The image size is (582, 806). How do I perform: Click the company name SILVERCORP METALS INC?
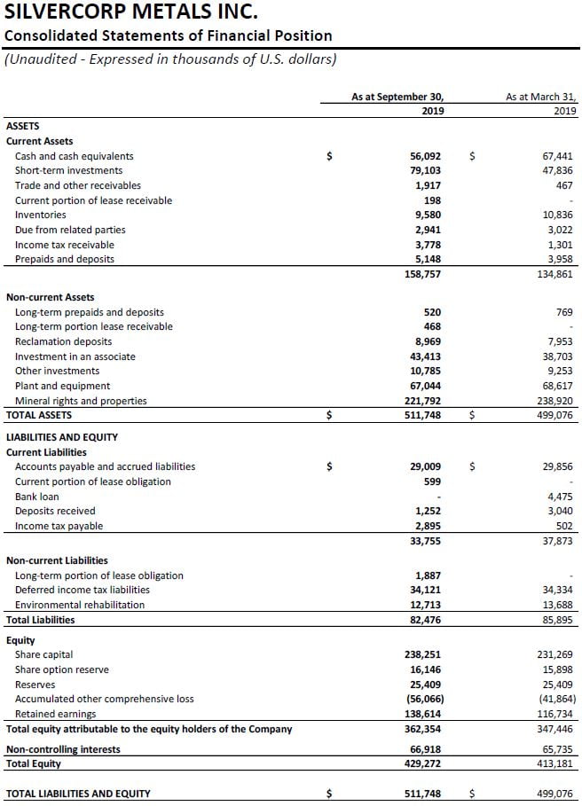(x=132, y=12)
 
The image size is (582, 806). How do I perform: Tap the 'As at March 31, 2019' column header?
(x=541, y=104)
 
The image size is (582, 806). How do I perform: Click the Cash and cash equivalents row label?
(x=75, y=156)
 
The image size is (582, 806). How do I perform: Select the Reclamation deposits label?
(x=64, y=341)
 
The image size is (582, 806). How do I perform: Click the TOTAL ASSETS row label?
(x=39, y=414)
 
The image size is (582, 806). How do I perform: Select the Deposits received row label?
(x=55, y=511)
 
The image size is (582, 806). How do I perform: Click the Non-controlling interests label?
(x=63, y=749)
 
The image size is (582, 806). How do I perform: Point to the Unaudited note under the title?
(x=170, y=59)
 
